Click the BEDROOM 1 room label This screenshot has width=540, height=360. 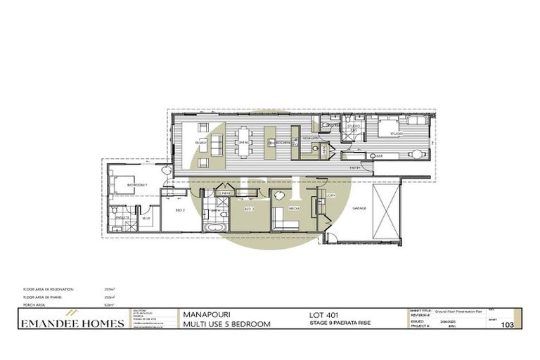(x=136, y=185)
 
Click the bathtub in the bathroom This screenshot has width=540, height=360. (x=212, y=228)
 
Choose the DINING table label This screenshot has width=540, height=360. (x=244, y=143)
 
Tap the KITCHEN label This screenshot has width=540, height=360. (x=283, y=143)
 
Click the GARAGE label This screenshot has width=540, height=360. (x=359, y=208)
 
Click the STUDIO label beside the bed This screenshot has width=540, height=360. (x=396, y=133)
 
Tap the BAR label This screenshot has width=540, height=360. (x=379, y=155)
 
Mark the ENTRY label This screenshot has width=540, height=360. (x=354, y=168)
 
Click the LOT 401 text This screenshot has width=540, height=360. (x=323, y=314)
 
